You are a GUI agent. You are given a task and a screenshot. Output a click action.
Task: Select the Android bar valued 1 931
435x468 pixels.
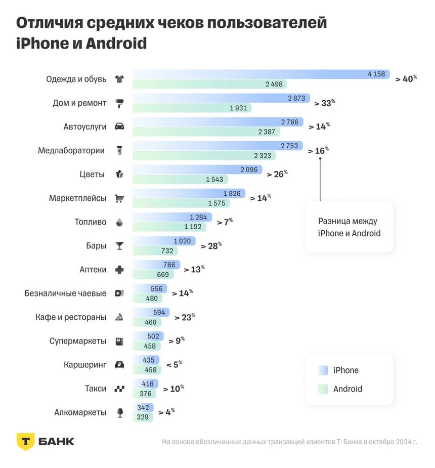(x=192, y=108)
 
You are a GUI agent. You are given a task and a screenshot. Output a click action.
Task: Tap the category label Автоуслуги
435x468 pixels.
(x=85, y=126)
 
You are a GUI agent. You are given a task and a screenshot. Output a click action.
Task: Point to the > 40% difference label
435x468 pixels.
(x=406, y=79)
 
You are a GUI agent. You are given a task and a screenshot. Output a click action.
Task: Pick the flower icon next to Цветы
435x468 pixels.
(x=119, y=175)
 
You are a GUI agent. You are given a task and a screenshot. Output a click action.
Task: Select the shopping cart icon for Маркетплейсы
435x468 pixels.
(x=119, y=198)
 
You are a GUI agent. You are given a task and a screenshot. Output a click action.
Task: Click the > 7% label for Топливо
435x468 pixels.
(x=225, y=222)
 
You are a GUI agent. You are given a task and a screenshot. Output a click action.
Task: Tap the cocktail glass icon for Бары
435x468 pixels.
(x=119, y=246)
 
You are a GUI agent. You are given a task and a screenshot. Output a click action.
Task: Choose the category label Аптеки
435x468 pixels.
(x=93, y=270)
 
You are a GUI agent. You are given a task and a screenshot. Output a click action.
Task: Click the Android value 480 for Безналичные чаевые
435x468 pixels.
(x=152, y=299)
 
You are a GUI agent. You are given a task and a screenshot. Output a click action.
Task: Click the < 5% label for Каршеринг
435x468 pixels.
(x=174, y=364)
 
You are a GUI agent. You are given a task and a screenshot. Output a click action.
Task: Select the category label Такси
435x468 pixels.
(x=96, y=389)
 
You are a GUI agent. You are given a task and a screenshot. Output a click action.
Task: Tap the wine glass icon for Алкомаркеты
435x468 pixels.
(x=120, y=413)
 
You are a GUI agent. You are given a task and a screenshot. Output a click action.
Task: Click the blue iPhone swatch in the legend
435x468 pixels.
(x=323, y=370)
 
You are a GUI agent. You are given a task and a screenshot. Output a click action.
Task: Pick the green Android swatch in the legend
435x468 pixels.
(x=323, y=389)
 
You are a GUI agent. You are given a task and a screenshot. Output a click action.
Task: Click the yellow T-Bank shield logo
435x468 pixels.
(x=26, y=441)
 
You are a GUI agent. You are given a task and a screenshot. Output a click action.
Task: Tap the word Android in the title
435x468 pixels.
(x=116, y=44)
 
